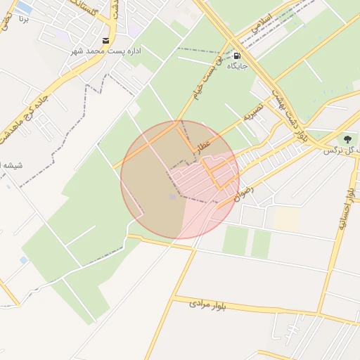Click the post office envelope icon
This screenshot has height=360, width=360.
pyautogui.click(x=105, y=41)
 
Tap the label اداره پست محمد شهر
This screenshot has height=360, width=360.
pyautogui.click(x=106, y=52)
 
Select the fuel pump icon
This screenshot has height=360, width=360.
pyautogui.click(x=237, y=56)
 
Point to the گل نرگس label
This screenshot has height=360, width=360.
pyautogui.click(x=341, y=150)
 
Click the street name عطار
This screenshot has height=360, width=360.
pyautogui.click(x=203, y=146)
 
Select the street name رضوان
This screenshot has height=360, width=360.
pyautogui.click(x=241, y=191)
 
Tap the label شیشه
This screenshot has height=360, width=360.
pyautogui.click(x=13, y=165)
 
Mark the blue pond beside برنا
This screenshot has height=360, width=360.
pyautogui.click(x=24, y=8)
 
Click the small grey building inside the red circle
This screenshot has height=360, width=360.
pyautogui.click(x=173, y=196)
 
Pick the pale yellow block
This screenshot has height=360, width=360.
pyautogui.click(x=286, y=219)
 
